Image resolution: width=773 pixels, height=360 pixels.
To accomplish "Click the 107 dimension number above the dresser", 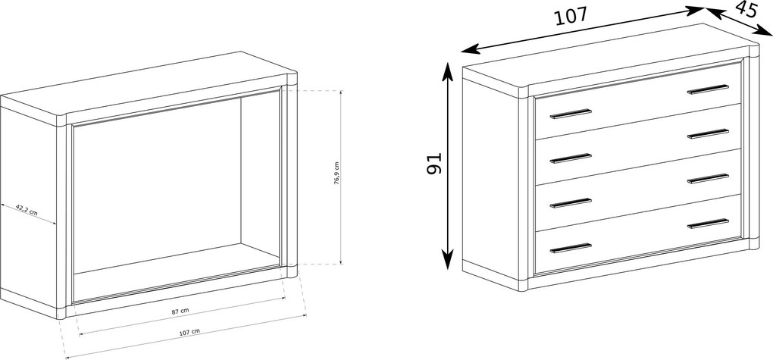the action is [571, 16].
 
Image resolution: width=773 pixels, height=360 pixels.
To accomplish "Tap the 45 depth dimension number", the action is [746, 9].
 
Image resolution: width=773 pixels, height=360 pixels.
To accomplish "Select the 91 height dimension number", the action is [434, 163].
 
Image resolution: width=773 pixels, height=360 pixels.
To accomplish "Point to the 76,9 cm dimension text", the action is [336, 173].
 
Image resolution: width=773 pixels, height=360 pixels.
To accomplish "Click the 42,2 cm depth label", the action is [27, 209].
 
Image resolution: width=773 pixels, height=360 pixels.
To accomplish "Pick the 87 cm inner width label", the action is [180, 311].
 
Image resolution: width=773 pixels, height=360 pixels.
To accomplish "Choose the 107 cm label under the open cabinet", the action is [189, 332].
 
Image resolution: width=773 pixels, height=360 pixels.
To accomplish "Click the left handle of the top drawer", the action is [571, 114].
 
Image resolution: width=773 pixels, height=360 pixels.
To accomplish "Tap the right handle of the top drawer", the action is [708, 89].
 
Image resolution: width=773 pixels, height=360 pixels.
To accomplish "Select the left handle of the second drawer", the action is [571, 158].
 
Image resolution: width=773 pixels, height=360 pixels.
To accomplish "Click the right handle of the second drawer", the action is [708, 133].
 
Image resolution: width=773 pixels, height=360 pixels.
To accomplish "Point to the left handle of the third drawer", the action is [571, 203].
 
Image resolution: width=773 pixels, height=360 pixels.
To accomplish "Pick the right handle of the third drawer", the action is [708, 179].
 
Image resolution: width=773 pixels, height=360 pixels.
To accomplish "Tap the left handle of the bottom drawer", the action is [571, 248].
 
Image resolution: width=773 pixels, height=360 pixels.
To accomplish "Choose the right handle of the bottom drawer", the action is [708, 224].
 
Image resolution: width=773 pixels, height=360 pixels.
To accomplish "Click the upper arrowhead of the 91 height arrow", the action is [447, 70].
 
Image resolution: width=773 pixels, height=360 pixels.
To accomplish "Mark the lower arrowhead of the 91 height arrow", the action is [447, 261].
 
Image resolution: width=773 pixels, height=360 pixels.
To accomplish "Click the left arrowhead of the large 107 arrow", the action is [469, 49].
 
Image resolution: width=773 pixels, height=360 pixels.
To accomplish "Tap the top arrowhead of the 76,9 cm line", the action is [341, 92].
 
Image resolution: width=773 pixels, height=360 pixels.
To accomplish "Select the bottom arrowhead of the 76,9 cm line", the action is [341, 261].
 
